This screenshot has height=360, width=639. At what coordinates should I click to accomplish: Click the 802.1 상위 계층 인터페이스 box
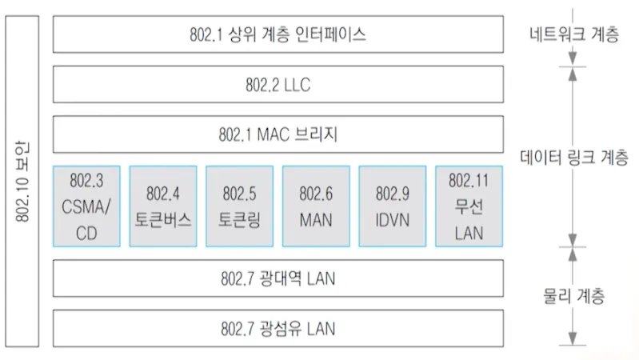pos(278,34)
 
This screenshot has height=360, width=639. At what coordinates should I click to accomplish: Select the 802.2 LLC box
pos(278,84)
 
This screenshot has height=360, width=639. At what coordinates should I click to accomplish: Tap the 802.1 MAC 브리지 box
pos(278,134)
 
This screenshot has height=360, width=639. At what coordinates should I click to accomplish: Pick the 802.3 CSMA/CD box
pos(86,206)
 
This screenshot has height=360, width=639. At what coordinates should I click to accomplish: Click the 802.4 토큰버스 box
pos(162,206)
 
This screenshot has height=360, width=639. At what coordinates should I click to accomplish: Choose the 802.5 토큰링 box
pos(239,206)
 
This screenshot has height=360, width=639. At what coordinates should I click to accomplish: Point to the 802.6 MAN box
pos(316,206)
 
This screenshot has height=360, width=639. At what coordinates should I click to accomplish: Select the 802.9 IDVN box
pos(393,206)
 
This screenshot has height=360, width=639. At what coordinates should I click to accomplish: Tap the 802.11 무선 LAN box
pos(469,206)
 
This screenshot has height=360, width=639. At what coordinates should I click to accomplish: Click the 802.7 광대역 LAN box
pos(278,278)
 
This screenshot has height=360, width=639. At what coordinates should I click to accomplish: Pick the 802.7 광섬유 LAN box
pos(278,327)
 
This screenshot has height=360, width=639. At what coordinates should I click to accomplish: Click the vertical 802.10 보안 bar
pos(24,181)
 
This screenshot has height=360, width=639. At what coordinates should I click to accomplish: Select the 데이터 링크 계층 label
pos(573,155)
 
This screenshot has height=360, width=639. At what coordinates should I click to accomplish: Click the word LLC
pos(301,84)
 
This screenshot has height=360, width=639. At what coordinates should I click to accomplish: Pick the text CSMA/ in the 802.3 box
pos(86,206)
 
